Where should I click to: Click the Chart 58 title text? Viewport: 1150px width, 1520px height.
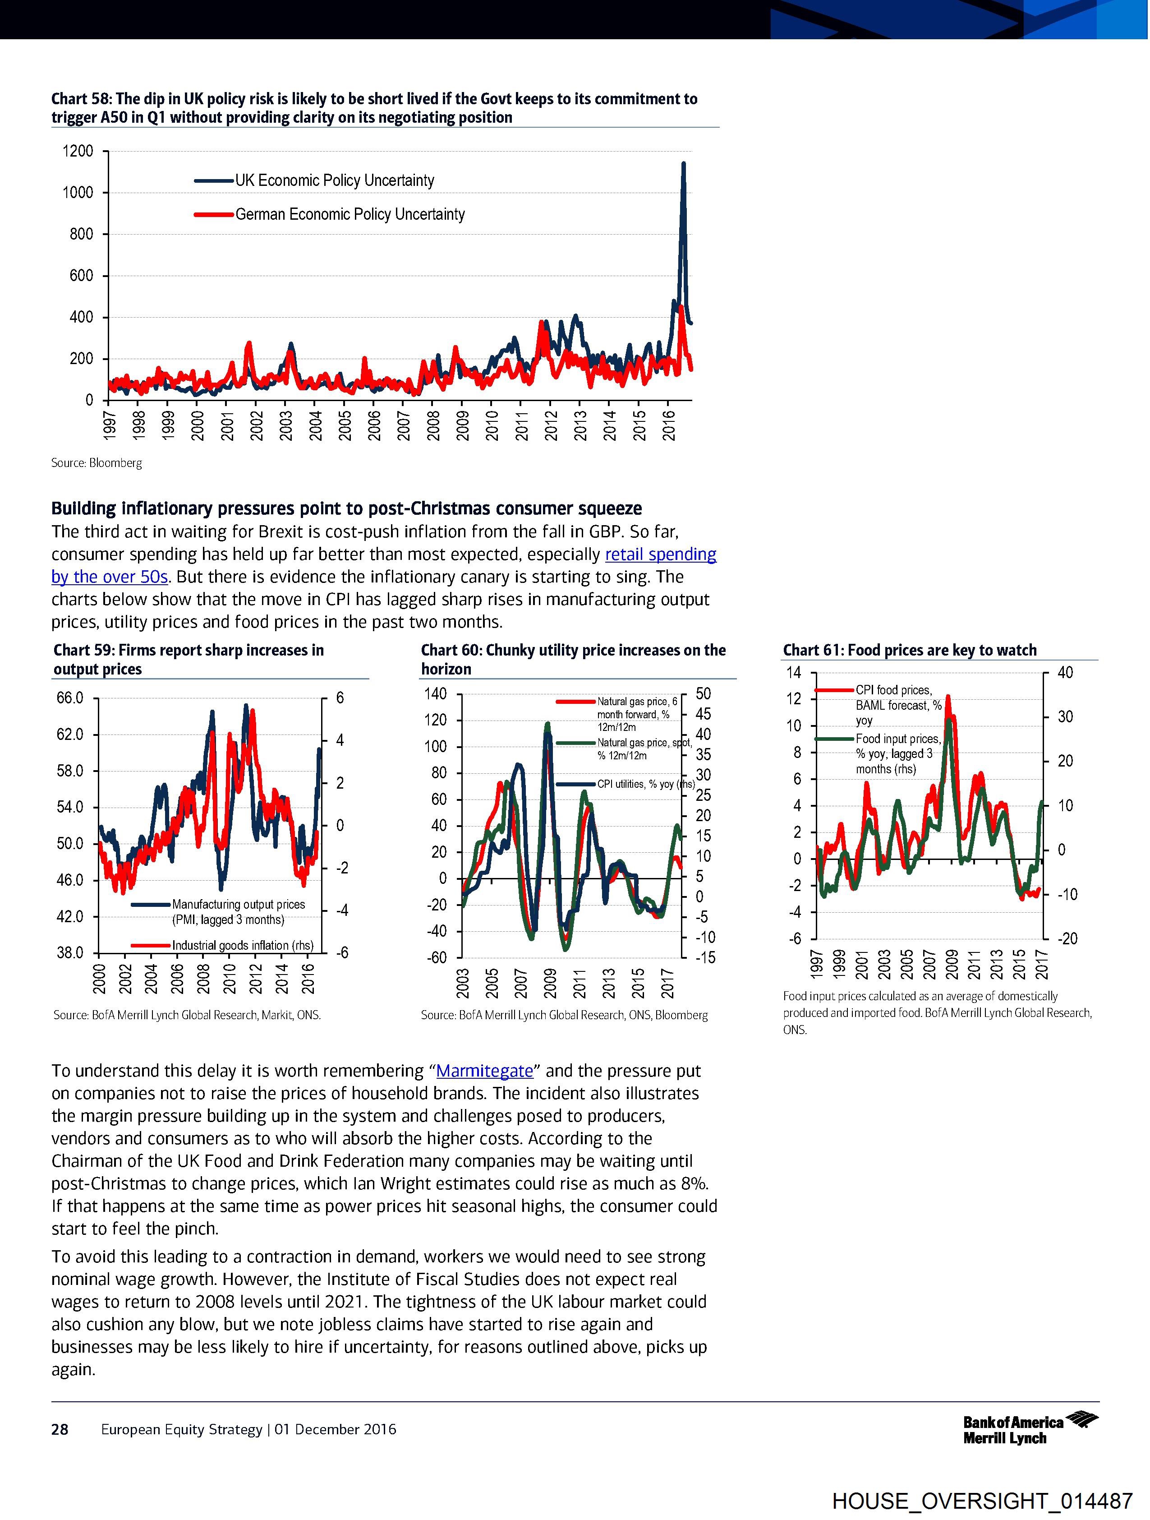pos(374,108)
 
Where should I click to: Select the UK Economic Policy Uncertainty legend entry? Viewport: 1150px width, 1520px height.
pos(335,181)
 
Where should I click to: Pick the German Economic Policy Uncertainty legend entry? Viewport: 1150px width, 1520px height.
pos(350,214)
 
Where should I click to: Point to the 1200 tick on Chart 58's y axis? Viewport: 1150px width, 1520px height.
pos(78,151)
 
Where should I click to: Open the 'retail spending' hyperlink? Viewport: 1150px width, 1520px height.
pos(660,554)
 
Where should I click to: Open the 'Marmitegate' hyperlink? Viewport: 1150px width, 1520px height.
pos(484,1071)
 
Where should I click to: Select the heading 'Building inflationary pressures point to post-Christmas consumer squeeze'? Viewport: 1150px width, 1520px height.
pos(346,508)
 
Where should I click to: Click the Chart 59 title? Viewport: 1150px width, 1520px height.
pos(189,660)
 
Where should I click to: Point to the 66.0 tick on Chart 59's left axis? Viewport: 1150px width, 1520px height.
pos(69,698)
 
